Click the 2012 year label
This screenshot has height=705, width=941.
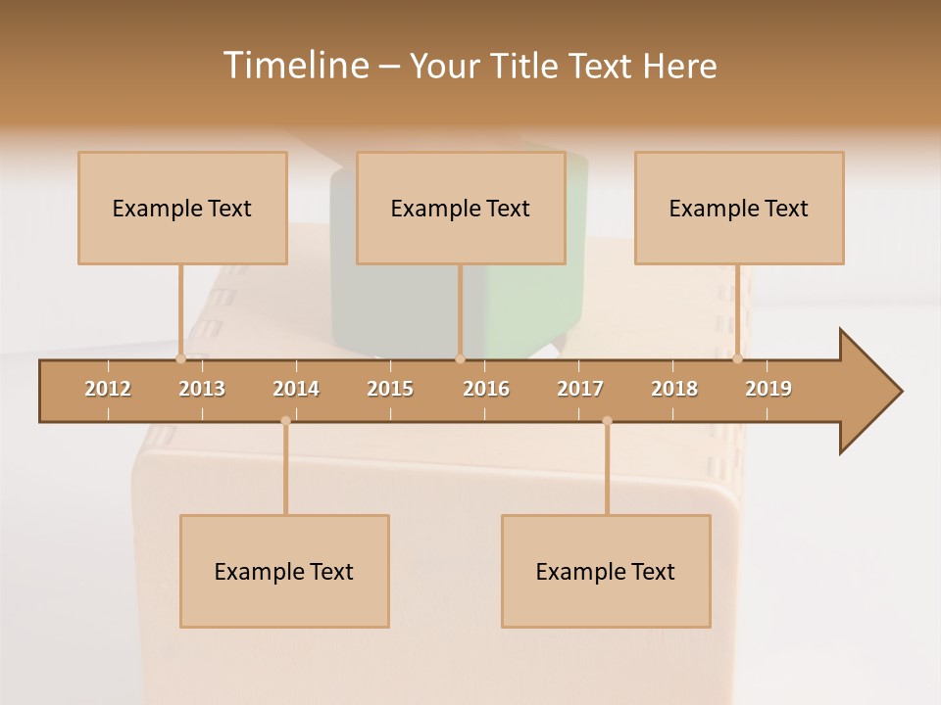tap(108, 389)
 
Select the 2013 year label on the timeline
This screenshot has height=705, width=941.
tap(202, 389)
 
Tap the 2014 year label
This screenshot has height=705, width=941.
tap(296, 389)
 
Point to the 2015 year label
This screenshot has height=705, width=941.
tap(390, 389)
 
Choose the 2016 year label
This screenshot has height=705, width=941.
tap(486, 389)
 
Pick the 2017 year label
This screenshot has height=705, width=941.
tap(580, 389)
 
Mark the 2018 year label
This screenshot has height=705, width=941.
tap(674, 389)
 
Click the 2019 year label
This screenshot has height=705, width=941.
tap(768, 389)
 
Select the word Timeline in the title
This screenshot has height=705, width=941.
tap(294, 66)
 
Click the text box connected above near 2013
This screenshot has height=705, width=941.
tap(182, 208)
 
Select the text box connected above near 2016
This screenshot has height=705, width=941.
tap(461, 208)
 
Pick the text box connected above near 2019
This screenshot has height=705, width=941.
tap(739, 208)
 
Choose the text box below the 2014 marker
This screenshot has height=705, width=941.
tap(284, 571)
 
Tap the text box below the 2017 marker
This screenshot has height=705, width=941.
tap(606, 571)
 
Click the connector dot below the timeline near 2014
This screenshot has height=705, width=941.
tap(285, 421)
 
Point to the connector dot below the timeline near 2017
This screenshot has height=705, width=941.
tap(607, 421)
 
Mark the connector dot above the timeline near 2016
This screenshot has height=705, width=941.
tap(460, 359)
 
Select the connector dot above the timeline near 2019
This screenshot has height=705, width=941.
tap(738, 359)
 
